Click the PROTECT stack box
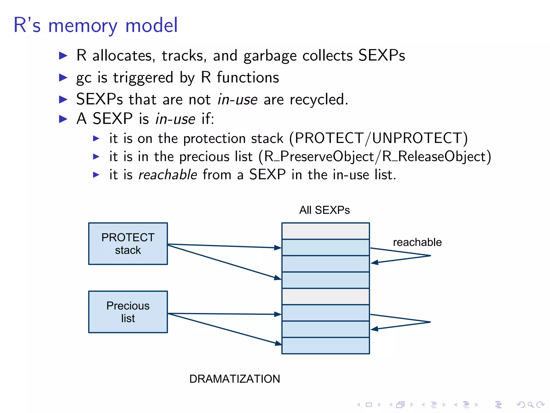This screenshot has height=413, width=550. click(128, 244)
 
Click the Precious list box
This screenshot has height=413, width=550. click(128, 312)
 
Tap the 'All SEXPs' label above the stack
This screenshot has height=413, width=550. click(324, 210)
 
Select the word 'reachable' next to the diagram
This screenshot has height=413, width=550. click(417, 242)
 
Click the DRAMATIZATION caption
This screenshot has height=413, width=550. click(234, 379)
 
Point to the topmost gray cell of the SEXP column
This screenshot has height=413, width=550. click(325, 231)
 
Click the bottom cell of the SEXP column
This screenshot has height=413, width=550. click(325, 346)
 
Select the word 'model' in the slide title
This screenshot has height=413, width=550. click(151, 25)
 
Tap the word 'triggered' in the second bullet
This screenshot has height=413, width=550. click(143, 78)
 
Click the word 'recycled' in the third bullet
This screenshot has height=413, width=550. click(317, 99)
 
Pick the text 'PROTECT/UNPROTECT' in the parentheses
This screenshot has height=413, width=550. click(378, 138)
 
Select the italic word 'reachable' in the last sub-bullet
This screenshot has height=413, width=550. click(168, 175)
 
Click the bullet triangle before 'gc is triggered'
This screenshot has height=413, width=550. click(63, 78)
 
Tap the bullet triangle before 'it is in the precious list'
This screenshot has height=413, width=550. click(96, 156)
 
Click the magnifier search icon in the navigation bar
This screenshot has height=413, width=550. click(530, 405)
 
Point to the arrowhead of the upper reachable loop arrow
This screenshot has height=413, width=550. click(374, 262)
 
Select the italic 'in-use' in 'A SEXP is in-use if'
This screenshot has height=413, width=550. click(175, 119)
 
